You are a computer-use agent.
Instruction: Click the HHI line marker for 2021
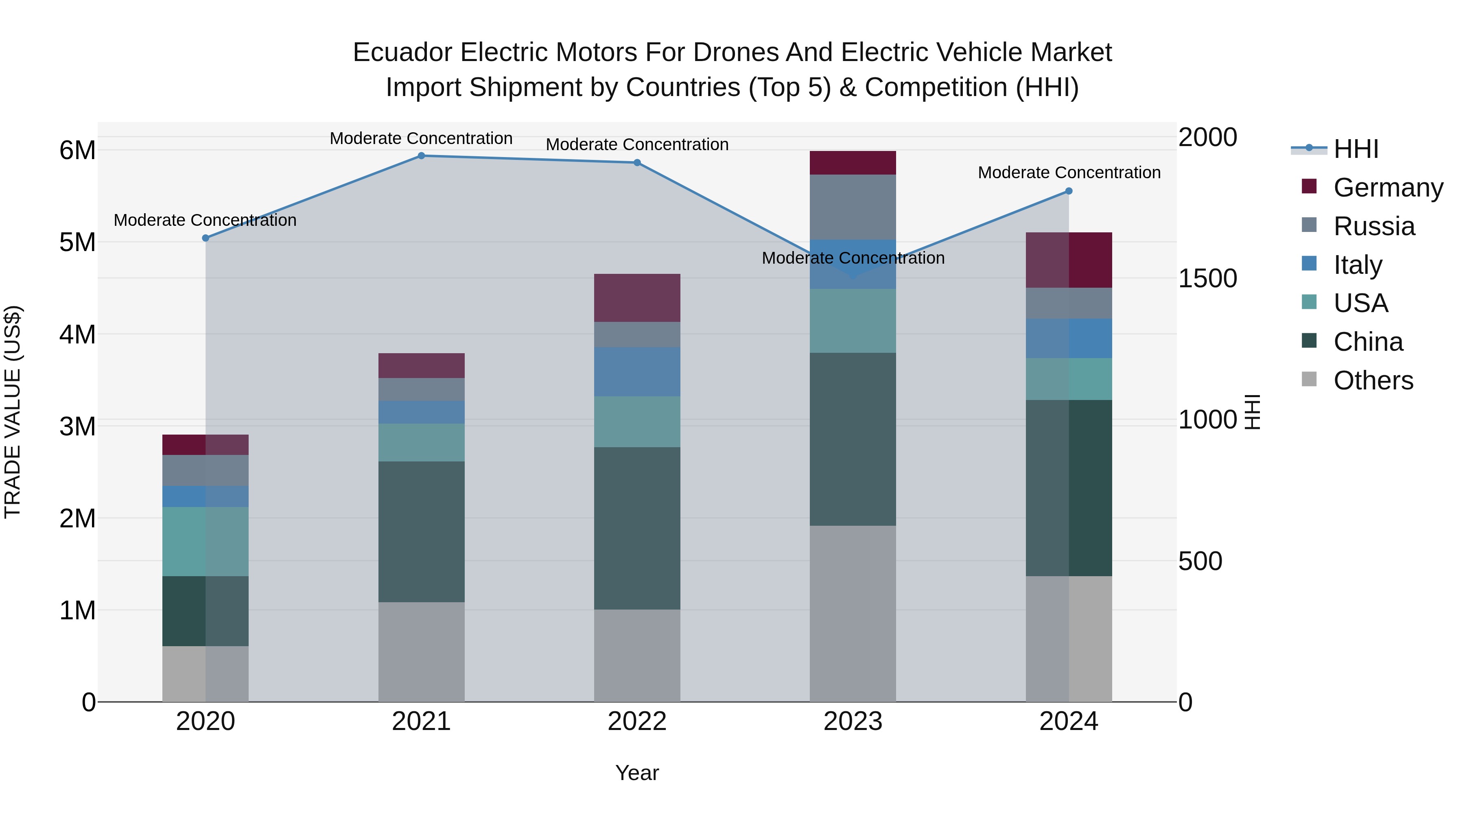(422, 156)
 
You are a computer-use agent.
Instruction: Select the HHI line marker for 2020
(206, 238)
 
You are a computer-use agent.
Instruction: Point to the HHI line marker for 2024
(1069, 191)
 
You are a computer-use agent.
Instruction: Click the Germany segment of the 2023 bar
(853, 163)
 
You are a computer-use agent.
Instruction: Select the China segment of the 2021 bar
(422, 532)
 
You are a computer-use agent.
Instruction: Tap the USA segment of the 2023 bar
(853, 321)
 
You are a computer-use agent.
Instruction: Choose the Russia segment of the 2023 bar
(853, 207)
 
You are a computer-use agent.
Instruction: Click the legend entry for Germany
(1388, 188)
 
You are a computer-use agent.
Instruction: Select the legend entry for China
(1368, 342)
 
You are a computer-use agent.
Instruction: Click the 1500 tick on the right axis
(1207, 279)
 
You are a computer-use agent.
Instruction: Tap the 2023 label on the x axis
(853, 721)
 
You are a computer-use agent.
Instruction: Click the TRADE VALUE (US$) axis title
(13, 412)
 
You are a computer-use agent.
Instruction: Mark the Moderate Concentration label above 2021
(422, 138)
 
